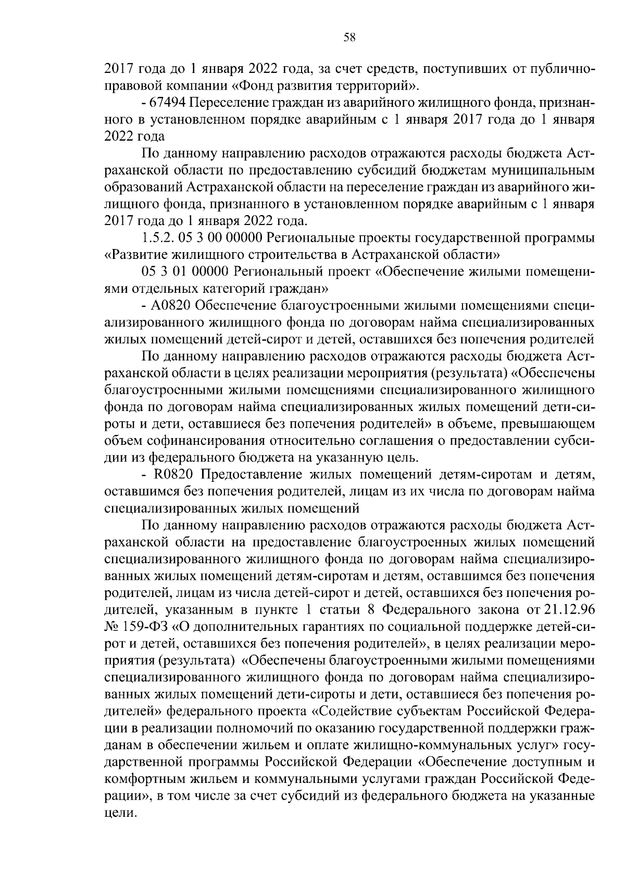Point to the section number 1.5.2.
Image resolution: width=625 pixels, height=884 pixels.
(x=157, y=238)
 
